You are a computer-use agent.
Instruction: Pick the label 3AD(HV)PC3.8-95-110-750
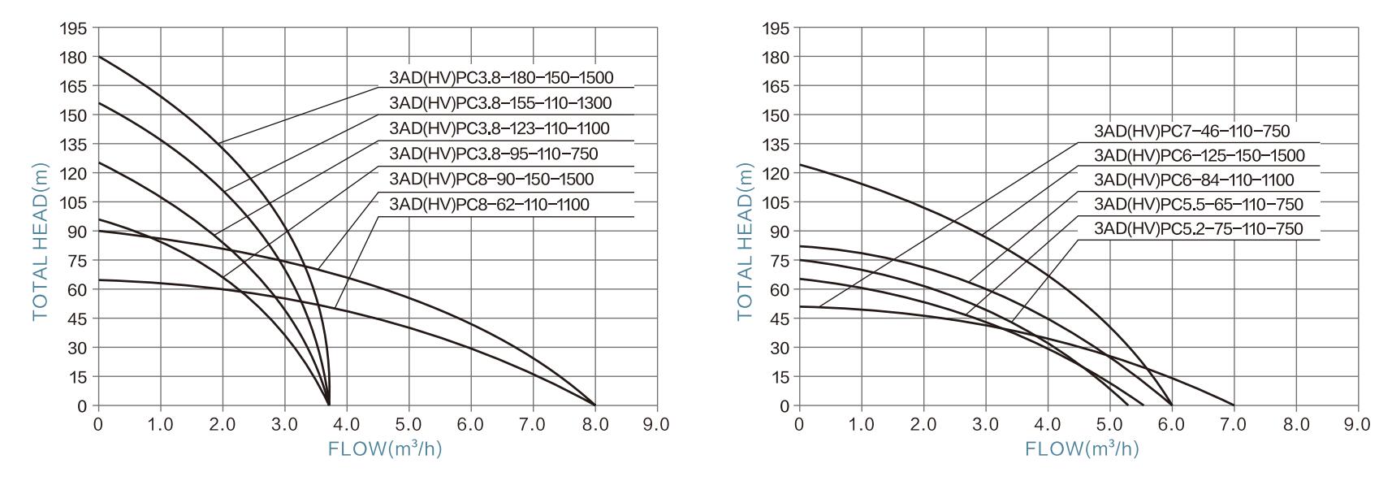click(x=493, y=154)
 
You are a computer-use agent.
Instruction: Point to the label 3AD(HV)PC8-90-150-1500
click(x=491, y=179)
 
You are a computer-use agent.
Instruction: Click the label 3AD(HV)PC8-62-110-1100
click(x=489, y=204)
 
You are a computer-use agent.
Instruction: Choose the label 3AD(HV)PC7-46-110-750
click(x=1191, y=131)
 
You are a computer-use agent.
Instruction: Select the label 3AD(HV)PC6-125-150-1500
click(x=1199, y=155)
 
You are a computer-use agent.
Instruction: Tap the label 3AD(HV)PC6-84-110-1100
click(x=1194, y=180)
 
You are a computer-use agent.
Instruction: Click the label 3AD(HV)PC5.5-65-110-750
click(x=1198, y=204)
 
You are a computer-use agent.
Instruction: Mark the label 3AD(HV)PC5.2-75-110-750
click(x=1198, y=229)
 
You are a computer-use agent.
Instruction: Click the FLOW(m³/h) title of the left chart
click(x=385, y=449)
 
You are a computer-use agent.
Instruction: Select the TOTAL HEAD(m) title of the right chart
click(x=745, y=242)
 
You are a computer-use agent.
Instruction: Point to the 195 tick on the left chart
click(x=73, y=28)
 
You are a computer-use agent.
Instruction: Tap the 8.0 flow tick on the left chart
click(x=595, y=424)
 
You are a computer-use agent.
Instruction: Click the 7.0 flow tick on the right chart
click(x=1234, y=424)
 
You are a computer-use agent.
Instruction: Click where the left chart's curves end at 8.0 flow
click(x=595, y=405)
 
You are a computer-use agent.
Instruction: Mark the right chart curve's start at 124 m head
click(x=800, y=165)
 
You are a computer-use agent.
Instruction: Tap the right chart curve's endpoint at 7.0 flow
click(x=1234, y=405)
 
